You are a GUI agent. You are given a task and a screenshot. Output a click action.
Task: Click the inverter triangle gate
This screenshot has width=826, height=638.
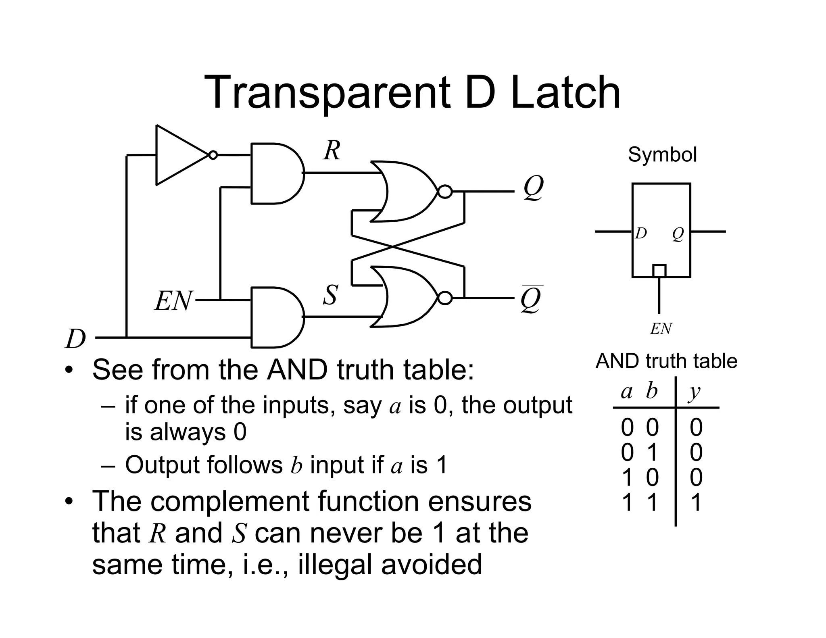tap(177, 155)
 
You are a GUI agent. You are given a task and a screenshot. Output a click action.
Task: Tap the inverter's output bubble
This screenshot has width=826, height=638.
tap(213, 155)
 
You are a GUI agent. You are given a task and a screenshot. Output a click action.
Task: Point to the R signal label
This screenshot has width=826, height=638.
tap(332, 151)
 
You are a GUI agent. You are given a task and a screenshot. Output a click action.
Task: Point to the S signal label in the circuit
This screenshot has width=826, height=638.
tap(330, 295)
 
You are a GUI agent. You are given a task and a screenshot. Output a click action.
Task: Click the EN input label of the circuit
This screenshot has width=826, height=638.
tap(173, 301)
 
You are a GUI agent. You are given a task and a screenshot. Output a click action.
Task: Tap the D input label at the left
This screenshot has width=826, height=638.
tap(76, 339)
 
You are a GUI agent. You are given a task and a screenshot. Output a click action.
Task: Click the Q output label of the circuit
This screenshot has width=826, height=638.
tap(533, 188)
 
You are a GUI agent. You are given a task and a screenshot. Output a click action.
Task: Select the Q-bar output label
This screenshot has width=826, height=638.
tap(531, 300)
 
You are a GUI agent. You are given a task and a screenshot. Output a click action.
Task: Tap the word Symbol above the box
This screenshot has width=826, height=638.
tap(662, 154)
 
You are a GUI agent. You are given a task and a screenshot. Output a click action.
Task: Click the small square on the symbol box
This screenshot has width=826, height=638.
tap(659, 271)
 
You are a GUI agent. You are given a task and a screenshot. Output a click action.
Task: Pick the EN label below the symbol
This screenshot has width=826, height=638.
tap(661, 329)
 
